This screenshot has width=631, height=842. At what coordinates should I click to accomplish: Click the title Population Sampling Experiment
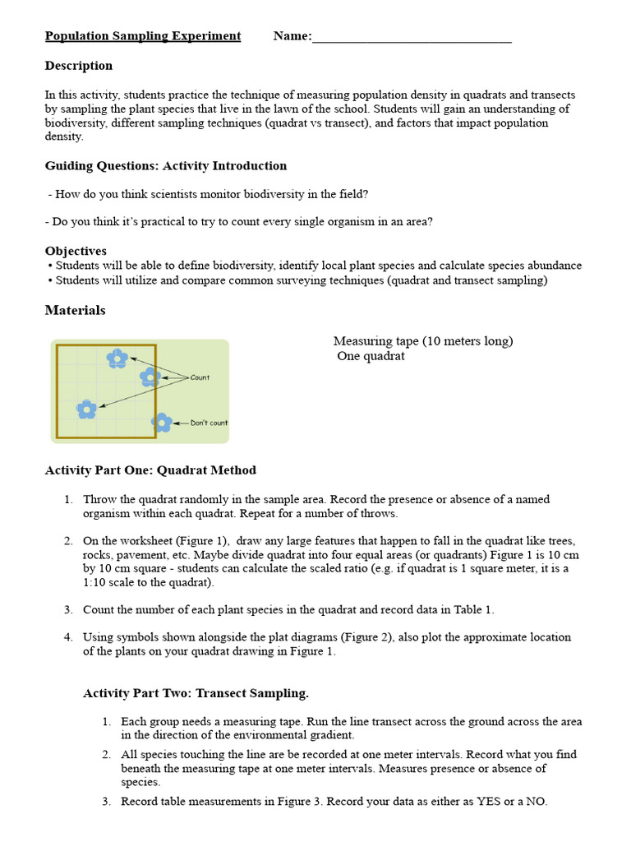click(x=143, y=36)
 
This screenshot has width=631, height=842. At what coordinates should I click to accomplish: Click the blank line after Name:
click(x=412, y=37)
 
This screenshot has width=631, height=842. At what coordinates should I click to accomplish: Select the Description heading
click(x=79, y=66)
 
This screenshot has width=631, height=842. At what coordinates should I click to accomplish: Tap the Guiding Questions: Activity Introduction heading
click(x=166, y=166)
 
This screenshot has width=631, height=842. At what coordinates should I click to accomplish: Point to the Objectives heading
click(x=76, y=251)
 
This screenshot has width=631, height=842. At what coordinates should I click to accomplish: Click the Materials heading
click(x=75, y=311)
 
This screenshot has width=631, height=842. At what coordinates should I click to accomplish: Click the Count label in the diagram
click(x=200, y=377)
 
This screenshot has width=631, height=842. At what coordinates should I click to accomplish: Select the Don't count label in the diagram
click(x=209, y=423)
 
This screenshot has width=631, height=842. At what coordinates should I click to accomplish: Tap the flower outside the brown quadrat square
click(x=163, y=423)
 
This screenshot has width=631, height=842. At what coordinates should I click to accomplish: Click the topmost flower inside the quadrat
click(x=117, y=358)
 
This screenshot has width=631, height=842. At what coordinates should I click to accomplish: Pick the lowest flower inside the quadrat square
click(x=86, y=409)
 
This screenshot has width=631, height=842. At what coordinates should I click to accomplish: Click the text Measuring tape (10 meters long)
click(x=423, y=341)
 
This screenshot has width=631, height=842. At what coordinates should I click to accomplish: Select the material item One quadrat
click(x=371, y=357)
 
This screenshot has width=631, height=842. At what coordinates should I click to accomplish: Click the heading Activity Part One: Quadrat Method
click(x=150, y=470)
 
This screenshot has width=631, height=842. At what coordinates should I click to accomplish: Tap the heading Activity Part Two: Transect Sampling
click(x=196, y=694)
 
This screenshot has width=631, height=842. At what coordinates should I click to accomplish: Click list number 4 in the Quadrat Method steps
click(x=68, y=637)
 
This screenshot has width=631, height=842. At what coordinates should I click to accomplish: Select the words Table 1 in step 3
click(x=471, y=610)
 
